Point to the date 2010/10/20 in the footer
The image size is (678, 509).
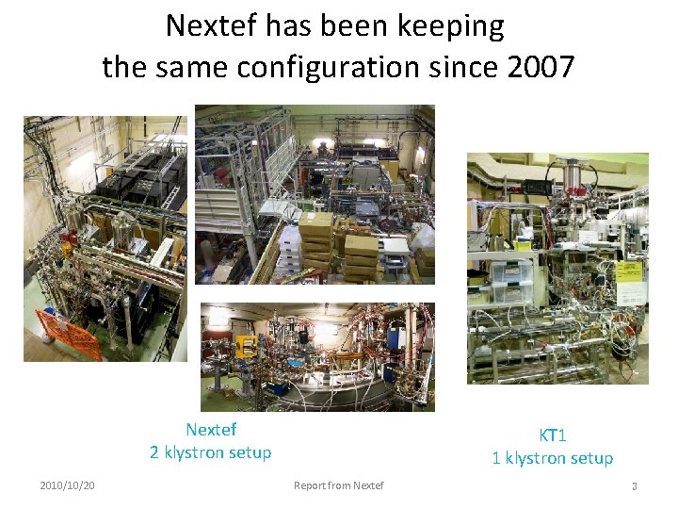67,485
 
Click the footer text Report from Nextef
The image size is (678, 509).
338,485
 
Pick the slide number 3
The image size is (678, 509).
634,486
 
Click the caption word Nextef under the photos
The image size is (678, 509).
211,430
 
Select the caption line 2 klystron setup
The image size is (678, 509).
211,452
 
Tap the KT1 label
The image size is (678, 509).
553,435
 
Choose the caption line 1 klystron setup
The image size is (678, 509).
553,458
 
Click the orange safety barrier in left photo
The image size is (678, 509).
69,335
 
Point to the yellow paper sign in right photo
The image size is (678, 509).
629,274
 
